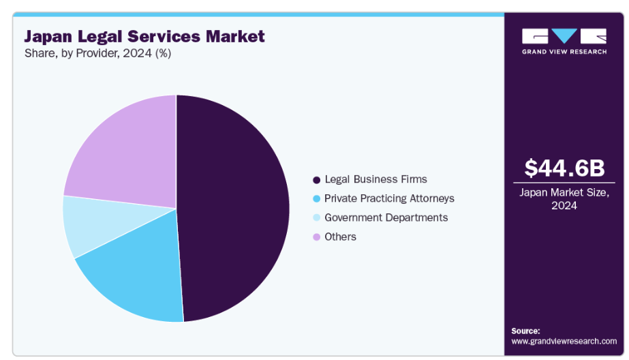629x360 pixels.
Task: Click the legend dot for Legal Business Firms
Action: pyautogui.click(x=316, y=180)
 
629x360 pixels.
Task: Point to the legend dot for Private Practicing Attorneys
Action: pyautogui.click(x=316, y=199)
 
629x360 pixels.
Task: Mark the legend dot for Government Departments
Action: pyautogui.click(x=316, y=218)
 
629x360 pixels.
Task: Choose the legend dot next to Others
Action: pyautogui.click(x=316, y=237)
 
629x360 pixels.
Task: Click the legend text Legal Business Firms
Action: pyautogui.click(x=375, y=179)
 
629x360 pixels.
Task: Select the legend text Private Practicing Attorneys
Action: pyautogui.click(x=389, y=198)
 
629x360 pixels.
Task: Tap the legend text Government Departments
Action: pyautogui.click(x=386, y=217)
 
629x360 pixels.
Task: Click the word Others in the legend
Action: pyautogui.click(x=340, y=237)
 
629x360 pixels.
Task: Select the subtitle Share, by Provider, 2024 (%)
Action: pyautogui.click(x=97, y=54)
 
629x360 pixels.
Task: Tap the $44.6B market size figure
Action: pyautogui.click(x=564, y=168)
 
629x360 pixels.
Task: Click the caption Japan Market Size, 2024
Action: pyautogui.click(x=564, y=198)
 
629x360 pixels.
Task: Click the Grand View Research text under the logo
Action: pyautogui.click(x=564, y=52)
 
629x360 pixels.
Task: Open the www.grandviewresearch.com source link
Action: pyautogui.click(x=564, y=341)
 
